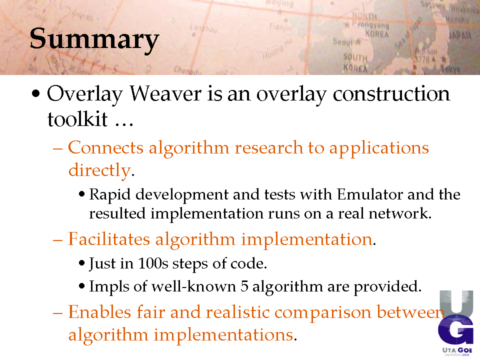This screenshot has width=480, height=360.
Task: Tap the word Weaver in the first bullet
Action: point(165,93)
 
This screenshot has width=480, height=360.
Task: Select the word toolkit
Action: point(77,119)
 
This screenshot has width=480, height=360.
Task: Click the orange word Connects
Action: point(105,147)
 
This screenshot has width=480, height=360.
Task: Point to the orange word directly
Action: point(100,170)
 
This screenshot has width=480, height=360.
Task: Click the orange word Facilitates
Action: point(109,239)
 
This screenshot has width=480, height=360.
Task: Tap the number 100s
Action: point(153,263)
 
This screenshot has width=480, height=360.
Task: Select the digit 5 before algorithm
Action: point(244,286)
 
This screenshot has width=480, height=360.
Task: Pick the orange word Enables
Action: point(99,312)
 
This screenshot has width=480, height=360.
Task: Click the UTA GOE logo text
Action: point(457,350)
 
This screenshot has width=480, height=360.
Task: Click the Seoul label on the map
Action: point(343,41)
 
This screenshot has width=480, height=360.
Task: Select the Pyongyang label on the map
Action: point(370,24)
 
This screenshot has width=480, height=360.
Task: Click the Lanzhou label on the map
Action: point(203,28)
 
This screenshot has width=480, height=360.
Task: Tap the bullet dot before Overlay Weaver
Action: point(36,93)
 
